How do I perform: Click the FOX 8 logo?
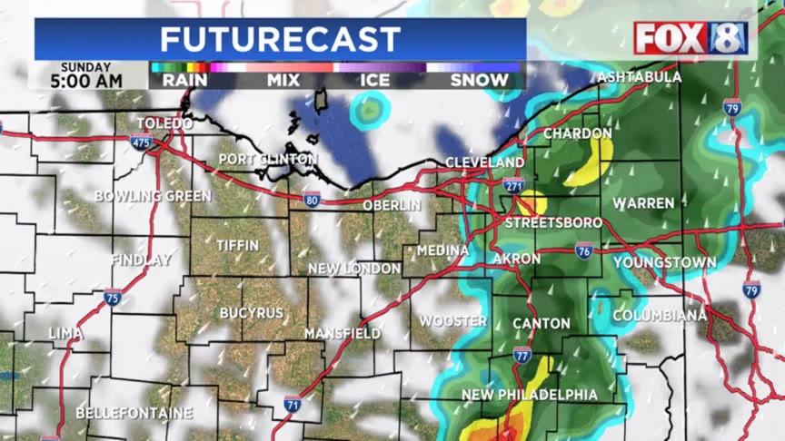(691, 38)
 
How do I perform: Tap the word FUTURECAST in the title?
(280, 39)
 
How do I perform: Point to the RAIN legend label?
(184, 80)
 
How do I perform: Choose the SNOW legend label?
(480, 80)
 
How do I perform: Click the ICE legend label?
(374, 80)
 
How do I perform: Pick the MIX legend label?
(283, 80)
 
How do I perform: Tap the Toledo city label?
(164, 123)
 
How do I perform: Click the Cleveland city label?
(484, 162)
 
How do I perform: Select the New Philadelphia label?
(530, 395)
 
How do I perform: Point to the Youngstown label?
(664, 263)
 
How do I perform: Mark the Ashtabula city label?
(640, 77)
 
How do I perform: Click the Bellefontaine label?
(134, 413)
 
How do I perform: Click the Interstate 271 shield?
(513, 185)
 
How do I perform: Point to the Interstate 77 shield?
(522, 355)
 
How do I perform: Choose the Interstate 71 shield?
(292, 405)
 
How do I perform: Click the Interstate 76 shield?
(584, 250)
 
